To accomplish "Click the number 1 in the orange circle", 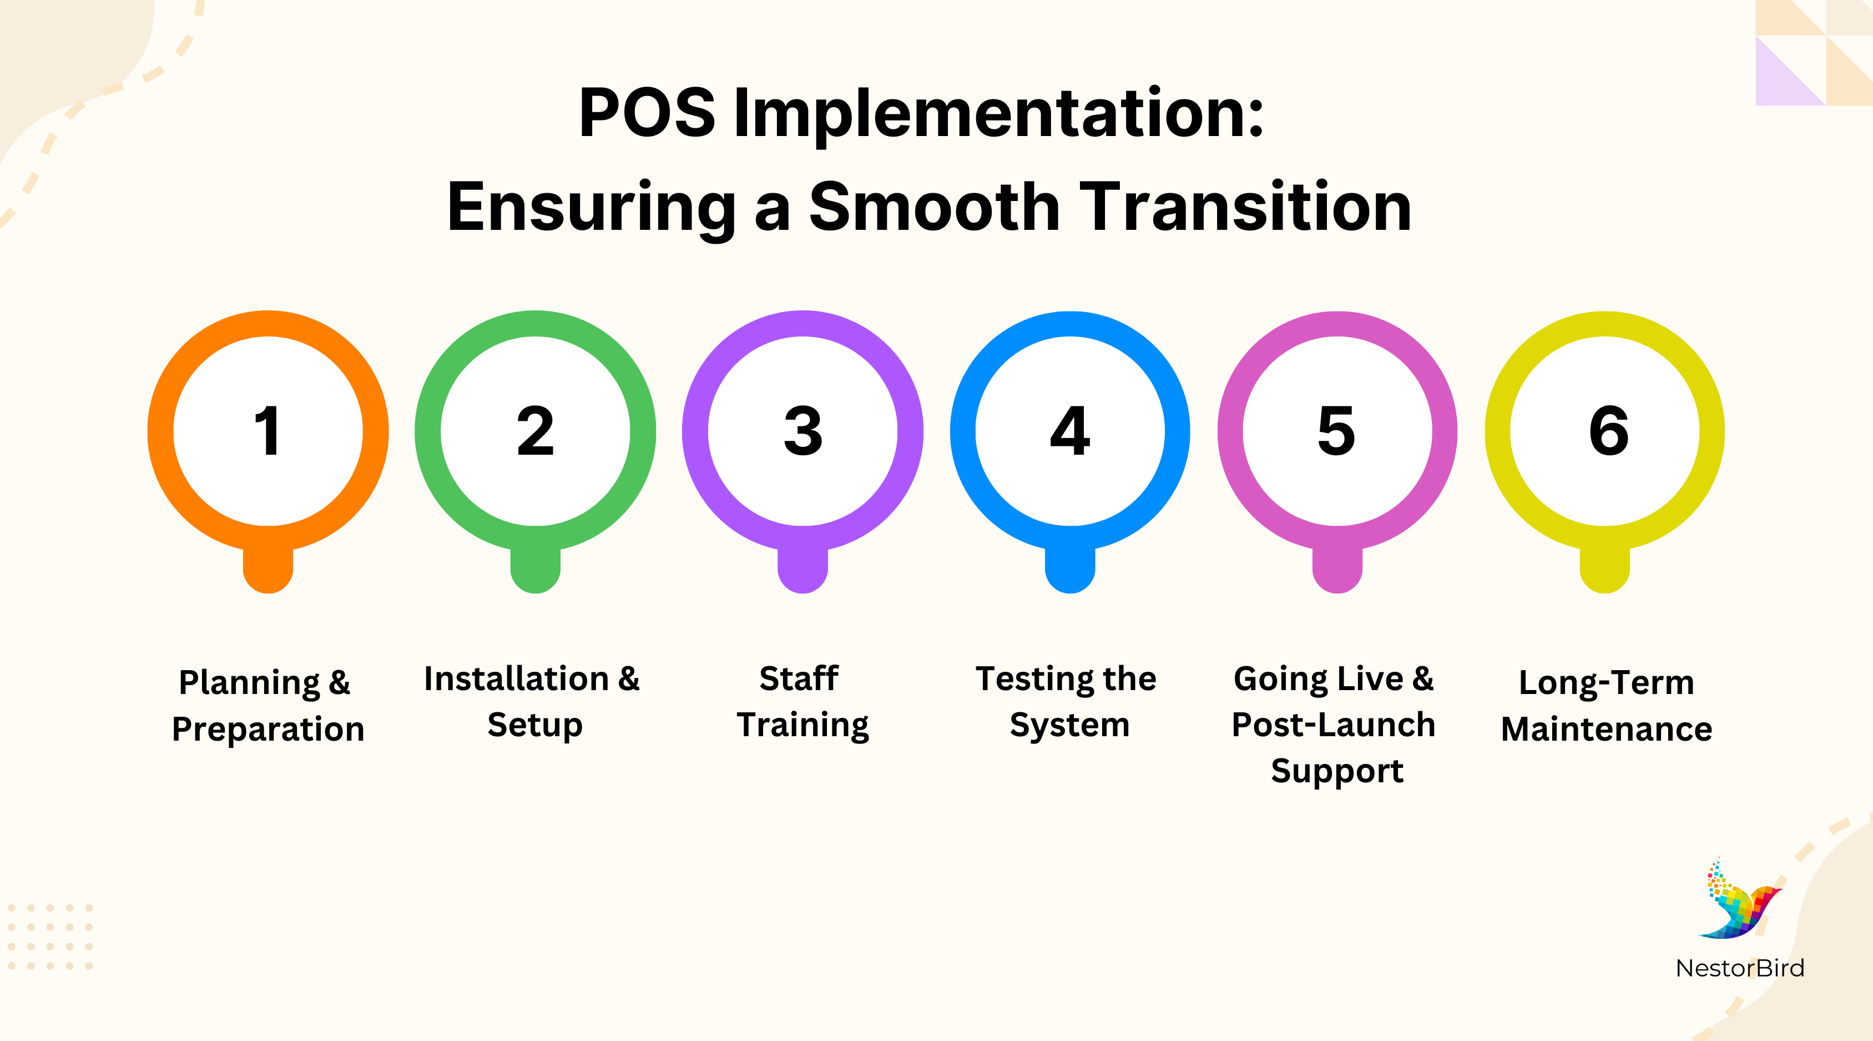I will point(267,431).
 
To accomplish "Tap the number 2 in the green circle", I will point(535,431).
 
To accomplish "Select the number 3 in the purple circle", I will point(802,431).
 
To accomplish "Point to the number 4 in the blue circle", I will point(1069,431).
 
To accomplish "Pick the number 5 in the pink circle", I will point(1336,431).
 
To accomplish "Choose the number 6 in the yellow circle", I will point(1608,431).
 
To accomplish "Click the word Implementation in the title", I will point(998,114).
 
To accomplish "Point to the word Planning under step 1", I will point(249,683).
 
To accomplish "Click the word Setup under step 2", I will point(535,725).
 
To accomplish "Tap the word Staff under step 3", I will point(799,678).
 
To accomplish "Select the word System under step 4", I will point(1069,725).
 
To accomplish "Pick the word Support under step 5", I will point(1336,771).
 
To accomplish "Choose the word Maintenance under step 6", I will point(1606,729).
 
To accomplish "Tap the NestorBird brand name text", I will point(1739,968).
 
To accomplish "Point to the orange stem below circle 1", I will point(267,571).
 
